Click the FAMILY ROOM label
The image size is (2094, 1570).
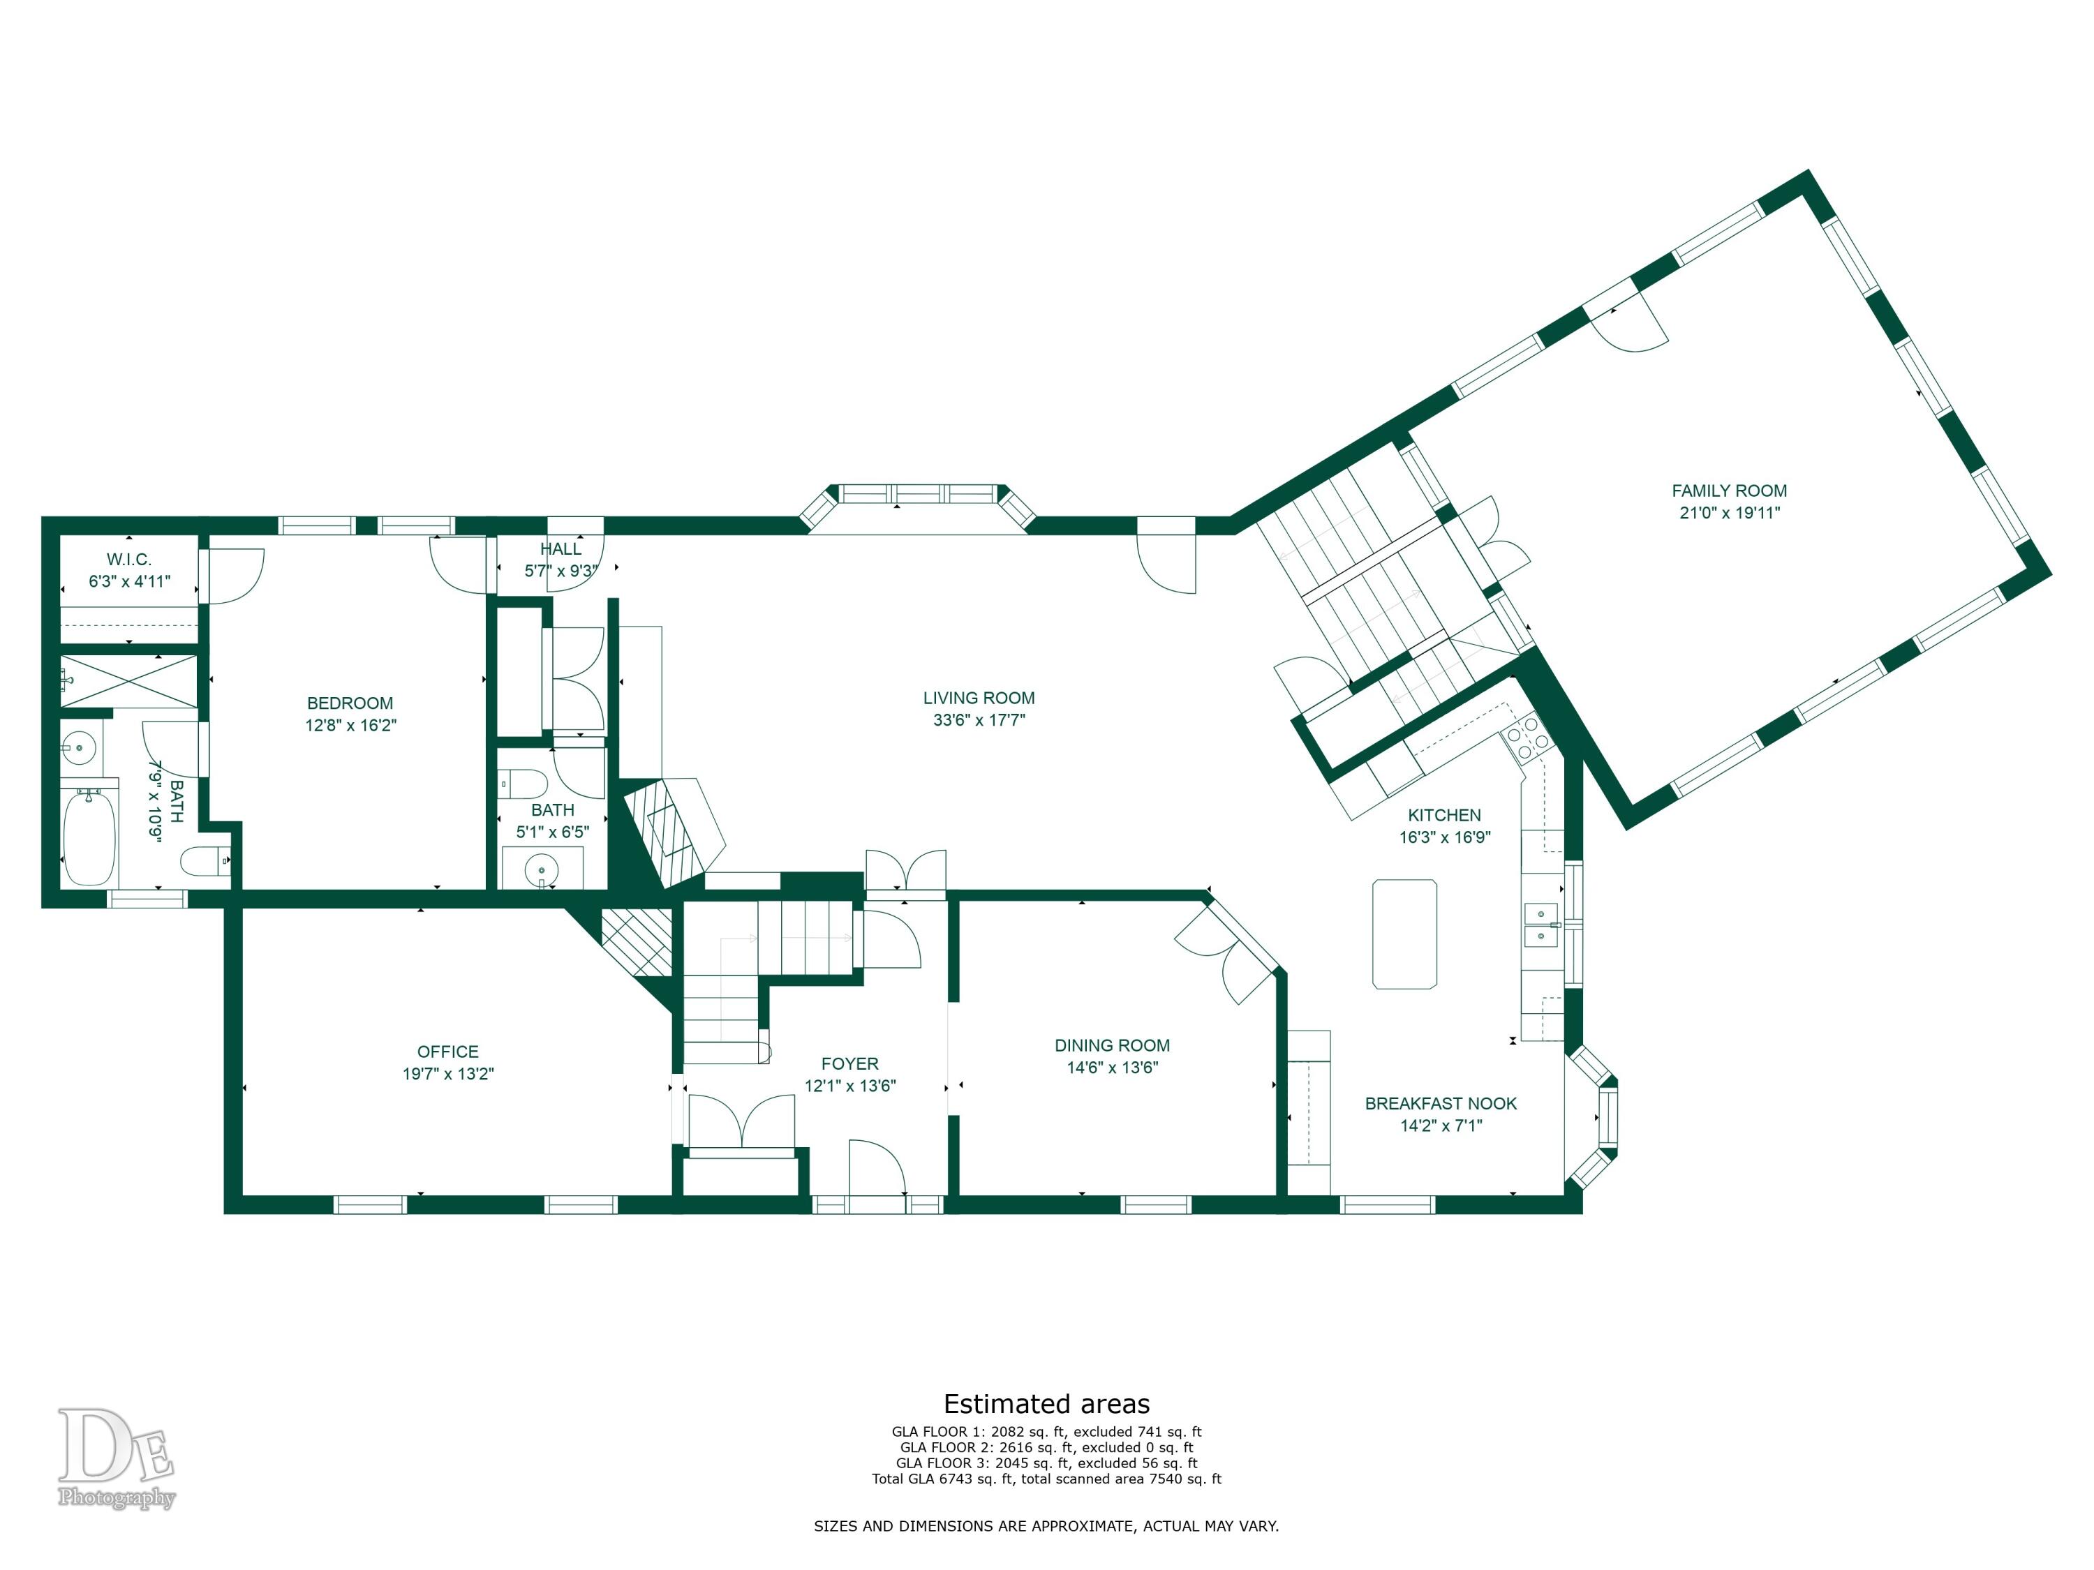pyautogui.click(x=1728, y=491)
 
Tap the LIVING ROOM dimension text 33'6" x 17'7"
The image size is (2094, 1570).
pyautogui.click(x=979, y=720)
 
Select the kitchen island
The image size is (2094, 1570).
pyautogui.click(x=1405, y=934)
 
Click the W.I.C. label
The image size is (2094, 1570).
pyautogui.click(x=128, y=560)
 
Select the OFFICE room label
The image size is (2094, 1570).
pyautogui.click(x=448, y=1052)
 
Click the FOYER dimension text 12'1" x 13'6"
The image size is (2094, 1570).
pyautogui.click(x=850, y=1086)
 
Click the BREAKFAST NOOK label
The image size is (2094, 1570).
pyautogui.click(x=1441, y=1103)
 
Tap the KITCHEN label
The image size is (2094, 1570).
pyautogui.click(x=1445, y=815)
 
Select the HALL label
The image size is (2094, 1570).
pyautogui.click(x=560, y=549)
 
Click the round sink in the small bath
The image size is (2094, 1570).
pyautogui.click(x=542, y=868)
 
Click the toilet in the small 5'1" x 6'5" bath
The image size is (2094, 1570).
pyautogui.click(x=523, y=784)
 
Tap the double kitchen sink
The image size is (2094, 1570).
pyautogui.click(x=1540, y=925)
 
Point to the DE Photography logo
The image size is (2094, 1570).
pyautogui.click(x=115, y=1458)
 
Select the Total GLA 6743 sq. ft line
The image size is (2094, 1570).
pyautogui.click(x=1047, y=1479)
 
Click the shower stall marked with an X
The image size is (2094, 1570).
pyautogui.click(x=130, y=680)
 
